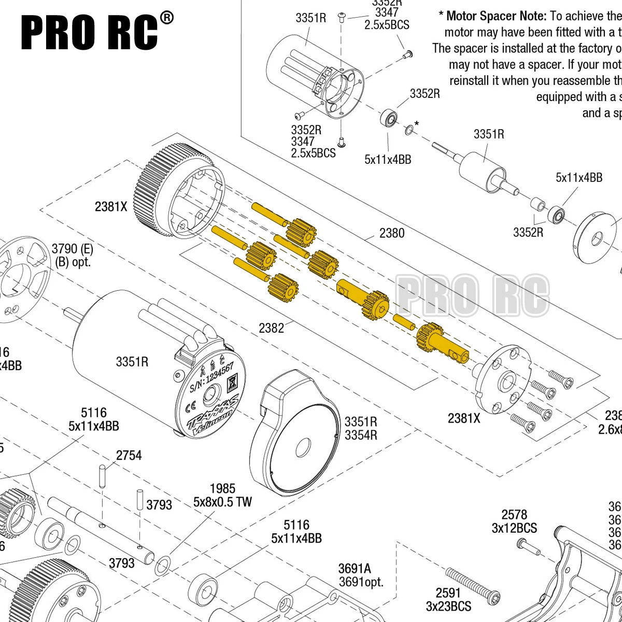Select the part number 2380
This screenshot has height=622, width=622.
(x=392, y=233)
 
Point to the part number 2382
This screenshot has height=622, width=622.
(x=272, y=328)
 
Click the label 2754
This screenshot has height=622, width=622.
(x=129, y=456)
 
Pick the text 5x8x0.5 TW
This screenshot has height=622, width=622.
(x=222, y=502)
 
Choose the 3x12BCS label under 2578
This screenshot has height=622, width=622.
(x=514, y=528)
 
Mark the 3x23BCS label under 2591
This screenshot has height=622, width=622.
(x=448, y=606)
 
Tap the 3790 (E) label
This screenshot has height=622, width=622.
(x=73, y=248)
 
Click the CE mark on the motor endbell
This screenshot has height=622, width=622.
(x=190, y=403)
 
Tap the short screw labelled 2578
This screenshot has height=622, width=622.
(x=528, y=545)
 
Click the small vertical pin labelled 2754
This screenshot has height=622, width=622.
(x=103, y=476)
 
